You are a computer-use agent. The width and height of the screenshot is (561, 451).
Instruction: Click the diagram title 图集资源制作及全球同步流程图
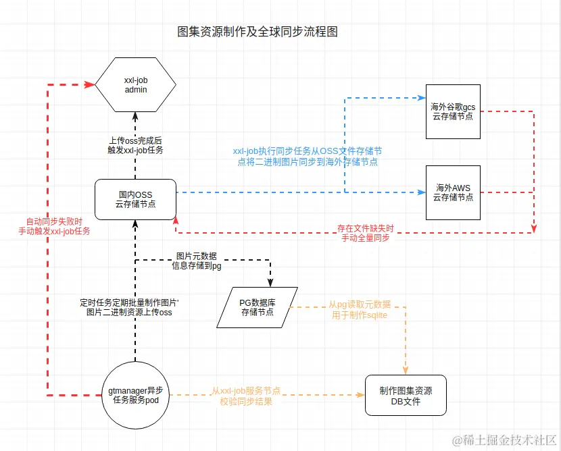coord(257,32)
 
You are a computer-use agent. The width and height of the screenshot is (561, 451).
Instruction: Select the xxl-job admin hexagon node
coord(135,84)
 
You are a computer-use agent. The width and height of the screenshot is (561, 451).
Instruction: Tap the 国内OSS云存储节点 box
coord(135,199)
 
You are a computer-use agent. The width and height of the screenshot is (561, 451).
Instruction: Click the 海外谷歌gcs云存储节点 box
coord(453,111)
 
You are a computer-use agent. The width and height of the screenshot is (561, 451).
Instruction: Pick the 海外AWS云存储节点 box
coord(453,192)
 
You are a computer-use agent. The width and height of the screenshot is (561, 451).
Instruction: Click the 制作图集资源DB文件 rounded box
coord(406,396)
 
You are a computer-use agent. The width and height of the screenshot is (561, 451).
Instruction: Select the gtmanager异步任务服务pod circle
coord(135,396)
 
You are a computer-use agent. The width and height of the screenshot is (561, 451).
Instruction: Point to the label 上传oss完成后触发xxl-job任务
coord(135,145)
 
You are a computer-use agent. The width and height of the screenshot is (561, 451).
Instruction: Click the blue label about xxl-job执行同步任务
coord(308,156)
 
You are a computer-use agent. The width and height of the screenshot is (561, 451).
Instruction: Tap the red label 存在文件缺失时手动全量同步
coord(365,232)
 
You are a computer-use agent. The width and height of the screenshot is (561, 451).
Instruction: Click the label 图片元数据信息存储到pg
coord(196,261)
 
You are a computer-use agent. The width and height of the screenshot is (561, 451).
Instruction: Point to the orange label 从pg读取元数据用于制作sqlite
coord(358,311)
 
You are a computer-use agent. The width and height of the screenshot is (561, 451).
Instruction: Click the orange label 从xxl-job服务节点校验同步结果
coord(246,396)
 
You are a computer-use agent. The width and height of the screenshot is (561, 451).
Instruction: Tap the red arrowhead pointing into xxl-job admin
coord(91,84)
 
